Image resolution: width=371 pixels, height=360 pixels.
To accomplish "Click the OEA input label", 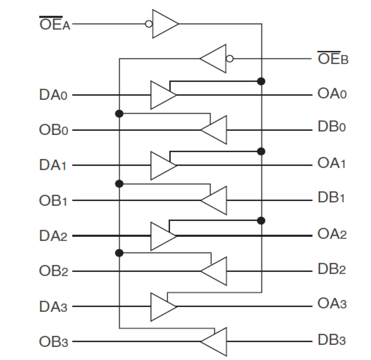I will click(55, 24).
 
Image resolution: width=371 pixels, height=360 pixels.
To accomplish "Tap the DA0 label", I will click(53, 95).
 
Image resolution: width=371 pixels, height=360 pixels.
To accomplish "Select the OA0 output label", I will click(332, 94).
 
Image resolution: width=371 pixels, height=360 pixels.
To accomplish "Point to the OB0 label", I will click(53, 130).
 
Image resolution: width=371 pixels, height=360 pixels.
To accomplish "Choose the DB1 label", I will click(331, 197).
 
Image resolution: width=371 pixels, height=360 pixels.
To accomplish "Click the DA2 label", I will click(53, 236).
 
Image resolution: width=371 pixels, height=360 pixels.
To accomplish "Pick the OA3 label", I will click(332, 304).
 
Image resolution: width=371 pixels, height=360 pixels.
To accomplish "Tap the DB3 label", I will click(331, 340).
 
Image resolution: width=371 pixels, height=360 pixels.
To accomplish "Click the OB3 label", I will click(53, 342).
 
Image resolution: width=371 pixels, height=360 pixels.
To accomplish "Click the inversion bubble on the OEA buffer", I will click(149, 24).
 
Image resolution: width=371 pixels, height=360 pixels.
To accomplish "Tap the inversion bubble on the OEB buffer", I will click(230, 59).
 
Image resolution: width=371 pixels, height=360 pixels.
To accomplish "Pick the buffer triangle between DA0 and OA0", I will click(162, 95).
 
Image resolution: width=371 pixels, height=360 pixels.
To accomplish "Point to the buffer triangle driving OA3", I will click(162, 307).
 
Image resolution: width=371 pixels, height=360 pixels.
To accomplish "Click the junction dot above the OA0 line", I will click(261, 81).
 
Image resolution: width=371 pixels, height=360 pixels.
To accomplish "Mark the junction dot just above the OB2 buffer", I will click(119, 253).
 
